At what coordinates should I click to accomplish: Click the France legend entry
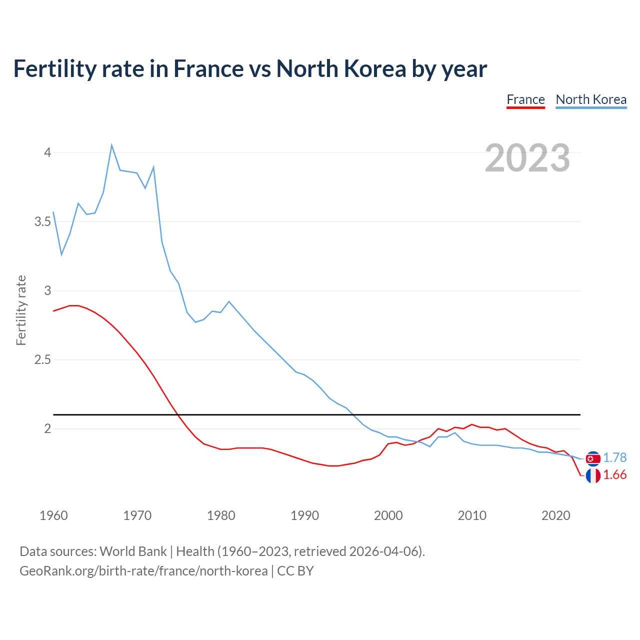click(525, 99)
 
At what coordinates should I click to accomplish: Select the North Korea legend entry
click(591, 99)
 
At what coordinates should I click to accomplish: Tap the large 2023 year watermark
click(527, 158)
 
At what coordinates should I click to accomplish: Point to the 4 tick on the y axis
click(47, 152)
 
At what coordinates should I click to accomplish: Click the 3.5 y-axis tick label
click(42, 221)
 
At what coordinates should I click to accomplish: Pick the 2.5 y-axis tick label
click(42, 360)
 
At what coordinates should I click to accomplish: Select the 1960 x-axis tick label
click(53, 515)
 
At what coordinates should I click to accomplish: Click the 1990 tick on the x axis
click(304, 515)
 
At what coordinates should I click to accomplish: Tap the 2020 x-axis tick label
click(555, 515)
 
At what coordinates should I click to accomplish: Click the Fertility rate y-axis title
click(21, 310)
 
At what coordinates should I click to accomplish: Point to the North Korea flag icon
click(593, 458)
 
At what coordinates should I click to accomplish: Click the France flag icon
click(593, 475)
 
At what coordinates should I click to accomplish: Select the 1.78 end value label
click(614, 458)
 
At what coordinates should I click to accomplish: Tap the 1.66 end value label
click(614, 475)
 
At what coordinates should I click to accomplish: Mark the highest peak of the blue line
click(111, 145)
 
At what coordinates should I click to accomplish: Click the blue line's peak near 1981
click(229, 301)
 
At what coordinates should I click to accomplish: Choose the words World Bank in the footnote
click(133, 551)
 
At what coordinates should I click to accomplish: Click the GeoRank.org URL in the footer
click(143, 571)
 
